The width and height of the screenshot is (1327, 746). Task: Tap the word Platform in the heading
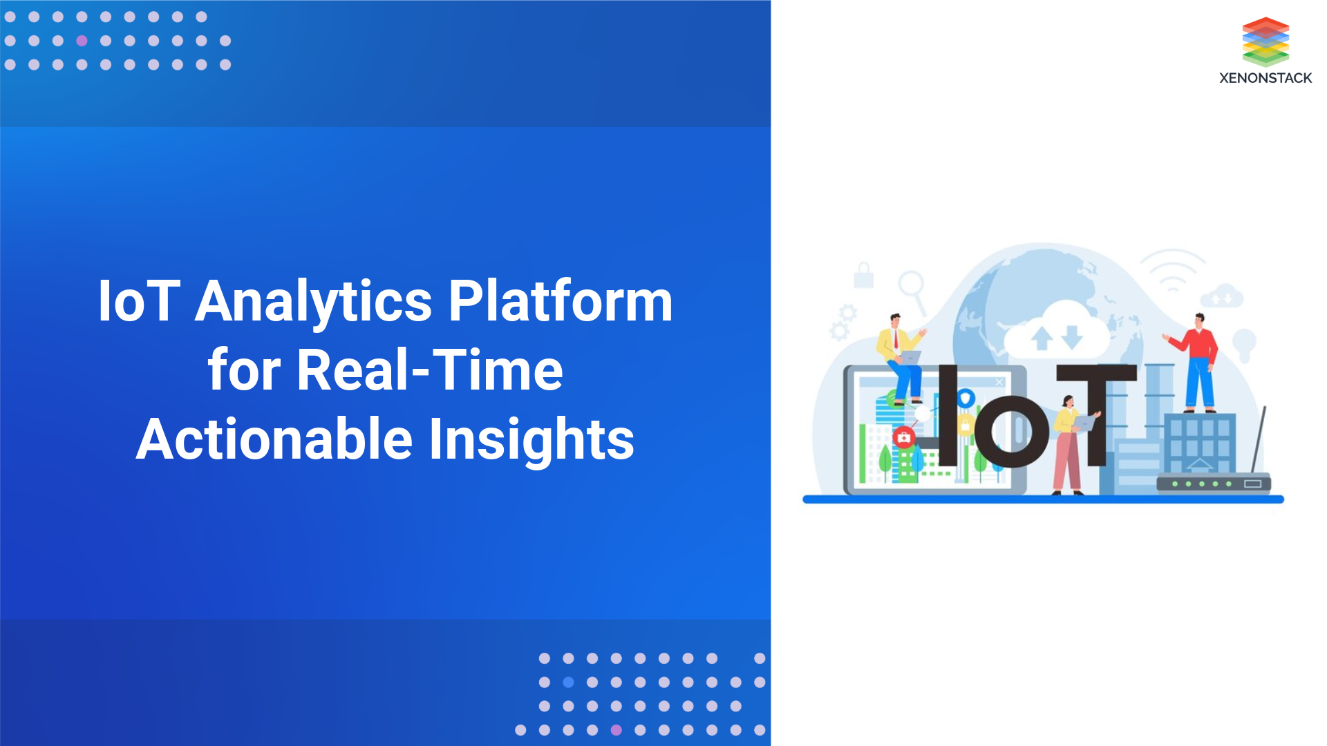coord(560,302)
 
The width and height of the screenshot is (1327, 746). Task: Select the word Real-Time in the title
coord(429,371)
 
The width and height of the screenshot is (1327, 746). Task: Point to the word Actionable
coord(274,440)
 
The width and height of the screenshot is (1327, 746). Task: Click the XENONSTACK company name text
coord(1265,78)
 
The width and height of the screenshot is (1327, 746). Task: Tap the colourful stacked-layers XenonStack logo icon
coord(1265,41)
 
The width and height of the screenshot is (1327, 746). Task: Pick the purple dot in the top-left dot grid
coord(82,41)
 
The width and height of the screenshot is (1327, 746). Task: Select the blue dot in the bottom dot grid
coord(568,682)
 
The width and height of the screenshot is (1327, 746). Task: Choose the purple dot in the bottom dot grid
coord(616,730)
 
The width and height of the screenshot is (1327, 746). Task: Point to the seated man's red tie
coord(896,339)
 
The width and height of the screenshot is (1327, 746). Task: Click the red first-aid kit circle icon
coord(903,437)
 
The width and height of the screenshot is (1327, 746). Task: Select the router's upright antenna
coord(1259,439)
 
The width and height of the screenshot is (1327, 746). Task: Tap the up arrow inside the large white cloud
coord(1042,338)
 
